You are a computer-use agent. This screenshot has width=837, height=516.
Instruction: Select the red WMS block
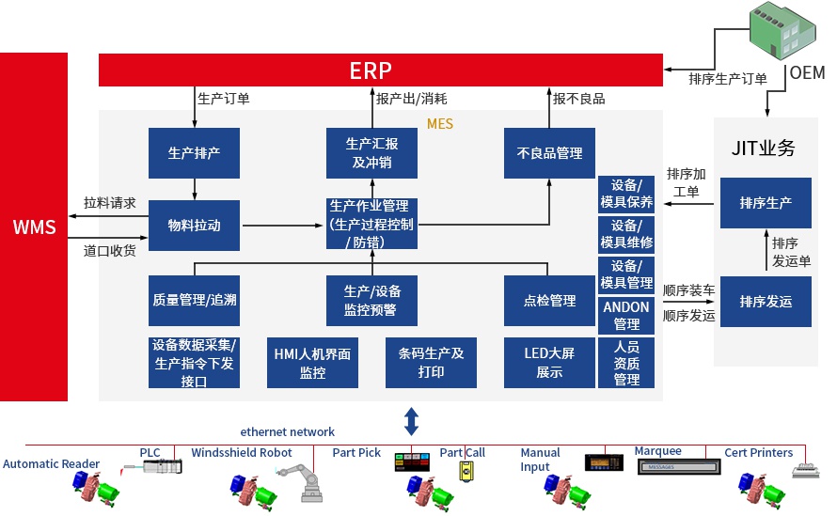pyautogui.click(x=34, y=227)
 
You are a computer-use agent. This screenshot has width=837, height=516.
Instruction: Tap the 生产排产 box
pyautogui.click(x=194, y=153)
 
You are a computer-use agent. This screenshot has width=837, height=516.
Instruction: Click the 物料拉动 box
pyautogui.click(x=194, y=226)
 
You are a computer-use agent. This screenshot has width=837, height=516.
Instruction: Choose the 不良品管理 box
pyautogui.click(x=549, y=153)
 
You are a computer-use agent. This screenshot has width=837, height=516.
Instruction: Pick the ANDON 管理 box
pyautogui.click(x=626, y=315)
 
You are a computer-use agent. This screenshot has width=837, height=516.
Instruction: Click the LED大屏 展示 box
pyautogui.click(x=549, y=362)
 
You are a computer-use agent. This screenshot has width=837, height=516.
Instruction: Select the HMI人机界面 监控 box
pyautogui.click(x=312, y=362)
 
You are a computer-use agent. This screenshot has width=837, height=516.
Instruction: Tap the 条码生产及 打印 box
pyautogui.click(x=431, y=362)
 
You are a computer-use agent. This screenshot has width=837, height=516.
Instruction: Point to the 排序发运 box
pyautogui.click(x=766, y=302)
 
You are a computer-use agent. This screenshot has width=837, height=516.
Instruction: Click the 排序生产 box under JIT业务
pyautogui.click(x=766, y=202)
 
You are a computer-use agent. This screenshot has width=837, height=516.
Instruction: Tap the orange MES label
pyautogui.click(x=439, y=123)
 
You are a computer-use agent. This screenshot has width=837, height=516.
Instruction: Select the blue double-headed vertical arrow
pyautogui.click(x=411, y=419)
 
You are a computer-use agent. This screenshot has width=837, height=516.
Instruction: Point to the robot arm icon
pyautogui.click(x=308, y=482)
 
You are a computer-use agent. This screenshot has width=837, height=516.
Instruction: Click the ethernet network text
pyautogui.click(x=287, y=431)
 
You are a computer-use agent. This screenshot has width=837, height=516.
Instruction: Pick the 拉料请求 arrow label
pyautogui.click(x=109, y=202)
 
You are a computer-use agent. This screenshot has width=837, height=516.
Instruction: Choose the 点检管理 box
pyautogui.click(x=549, y=301)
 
